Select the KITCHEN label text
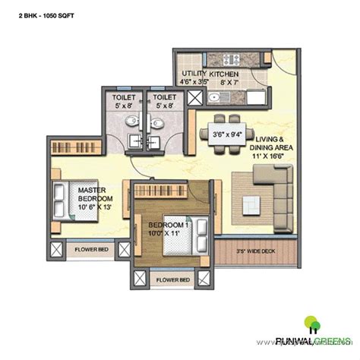pyautogui.click(x=224, y=73)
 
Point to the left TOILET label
pyautogui.click(x=124, y=98)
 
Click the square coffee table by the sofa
pyautogui.click(x=251, y=204)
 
